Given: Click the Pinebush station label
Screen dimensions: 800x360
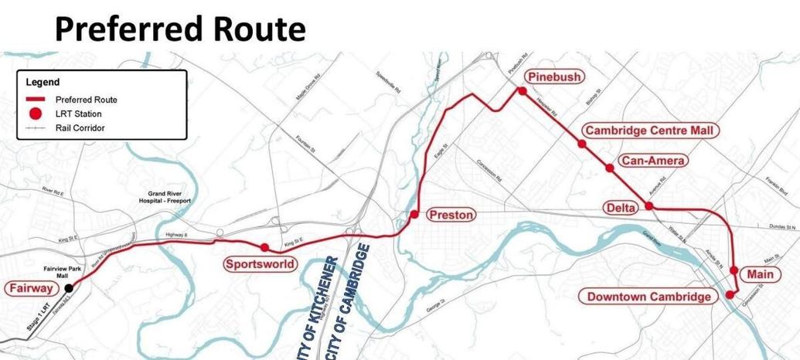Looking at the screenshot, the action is click(554, 76).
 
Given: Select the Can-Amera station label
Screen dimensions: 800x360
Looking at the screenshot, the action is click(651, 161).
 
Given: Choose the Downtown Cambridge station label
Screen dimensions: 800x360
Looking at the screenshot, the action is click(649, 297).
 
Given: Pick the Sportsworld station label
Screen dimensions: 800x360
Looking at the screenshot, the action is click(260, 264).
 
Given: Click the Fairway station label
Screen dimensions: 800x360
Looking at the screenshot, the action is click(32, 289).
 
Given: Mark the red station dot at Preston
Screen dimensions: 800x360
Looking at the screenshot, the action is click(414, 214).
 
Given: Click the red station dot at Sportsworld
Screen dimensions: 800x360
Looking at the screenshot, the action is click(264, 247).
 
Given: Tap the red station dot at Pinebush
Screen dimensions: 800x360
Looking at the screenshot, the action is click(522, 91).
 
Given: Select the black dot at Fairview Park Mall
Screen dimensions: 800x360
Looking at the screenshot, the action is click(69, 288).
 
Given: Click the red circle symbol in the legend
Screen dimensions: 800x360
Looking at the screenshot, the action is click(35, 114).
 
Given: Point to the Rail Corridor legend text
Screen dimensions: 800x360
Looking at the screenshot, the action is click(80, 127).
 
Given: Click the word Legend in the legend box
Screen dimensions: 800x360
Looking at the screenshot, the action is click(43, 82).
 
